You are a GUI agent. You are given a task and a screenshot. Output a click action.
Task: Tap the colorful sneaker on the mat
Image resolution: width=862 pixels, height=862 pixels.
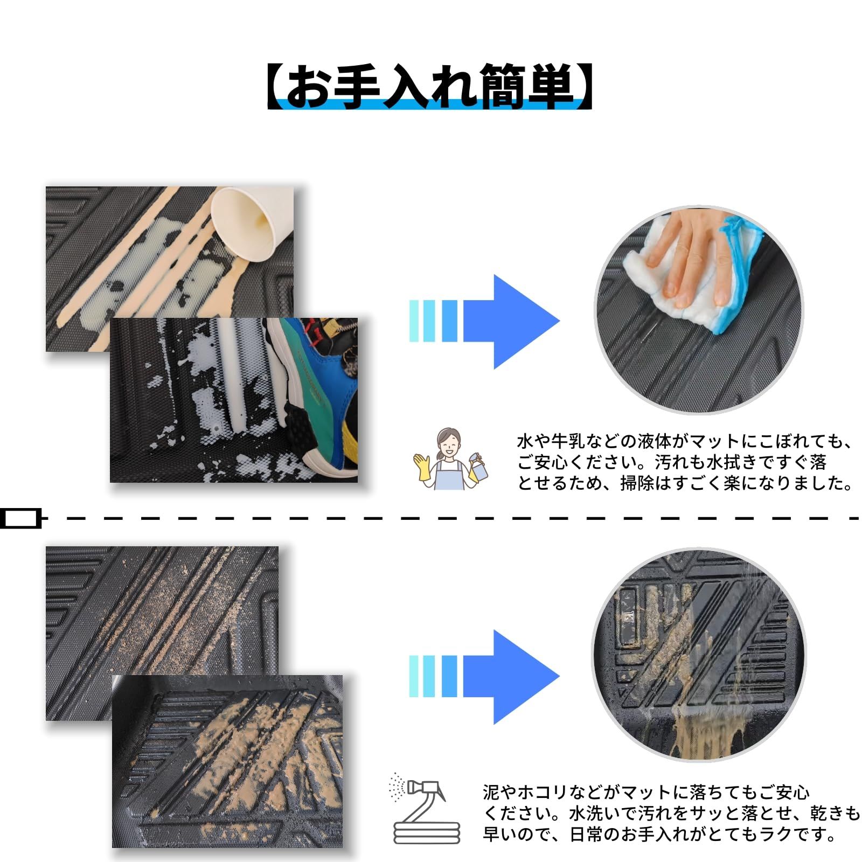[312, 388]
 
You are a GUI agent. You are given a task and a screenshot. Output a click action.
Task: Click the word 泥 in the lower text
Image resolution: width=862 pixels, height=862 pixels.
[492, 793]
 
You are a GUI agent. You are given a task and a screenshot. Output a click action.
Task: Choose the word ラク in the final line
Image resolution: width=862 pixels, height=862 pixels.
[778, 835]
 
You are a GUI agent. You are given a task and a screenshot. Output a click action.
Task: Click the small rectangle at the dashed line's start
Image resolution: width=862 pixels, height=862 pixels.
[20, 518]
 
